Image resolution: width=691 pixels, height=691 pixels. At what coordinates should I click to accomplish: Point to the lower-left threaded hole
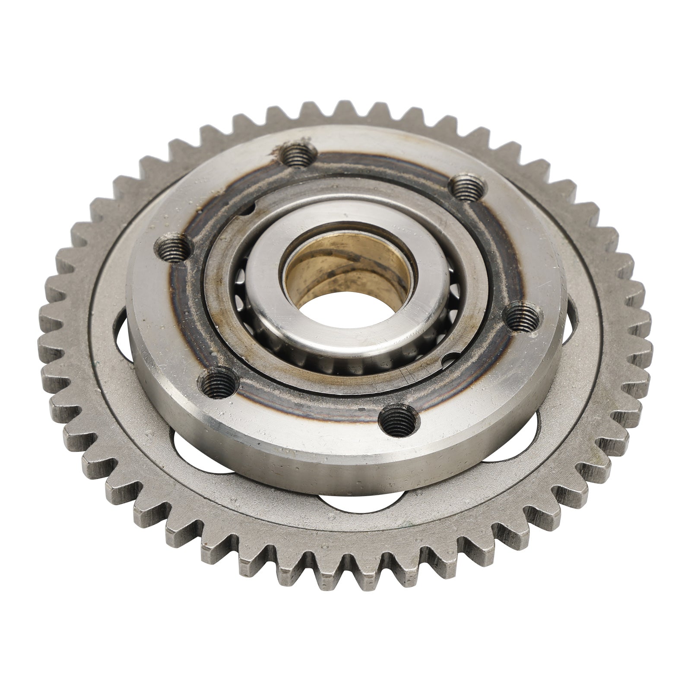click(218, 381)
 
